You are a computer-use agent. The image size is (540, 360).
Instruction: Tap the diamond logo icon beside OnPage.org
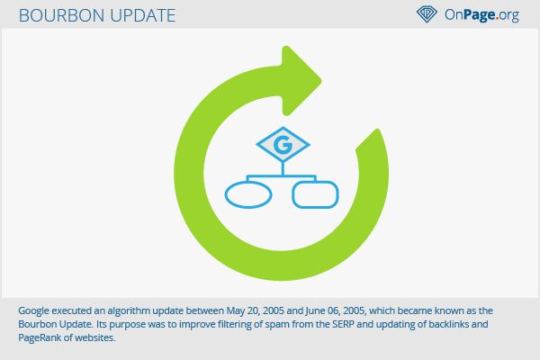coord(427,14)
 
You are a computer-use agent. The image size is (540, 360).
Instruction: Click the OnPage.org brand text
coord(481,14)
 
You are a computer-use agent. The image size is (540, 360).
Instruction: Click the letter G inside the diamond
coord(283,145)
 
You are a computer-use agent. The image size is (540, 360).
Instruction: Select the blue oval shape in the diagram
coord(248,194)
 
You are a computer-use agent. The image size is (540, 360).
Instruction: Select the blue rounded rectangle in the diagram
coord(315,194)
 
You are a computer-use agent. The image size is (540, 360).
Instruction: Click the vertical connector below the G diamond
coord(283,169)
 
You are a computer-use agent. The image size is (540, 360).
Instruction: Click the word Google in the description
coord(34,311)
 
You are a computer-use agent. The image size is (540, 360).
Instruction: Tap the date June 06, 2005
coord(335,311)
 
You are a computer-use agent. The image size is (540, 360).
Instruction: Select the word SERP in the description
coord(343,324)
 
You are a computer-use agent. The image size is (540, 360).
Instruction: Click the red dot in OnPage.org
coord(497,18)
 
